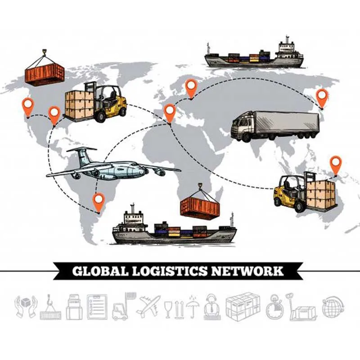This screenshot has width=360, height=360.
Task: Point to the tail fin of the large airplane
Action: [81, 155]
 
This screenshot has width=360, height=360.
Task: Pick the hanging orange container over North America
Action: [45, 73]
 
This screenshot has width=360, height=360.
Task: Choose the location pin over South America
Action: [98, 201]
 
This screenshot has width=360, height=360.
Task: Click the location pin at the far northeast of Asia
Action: [322, 97]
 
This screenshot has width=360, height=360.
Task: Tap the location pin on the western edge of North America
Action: [28, 106]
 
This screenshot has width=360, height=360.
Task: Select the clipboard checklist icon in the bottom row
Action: [97, 306]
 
